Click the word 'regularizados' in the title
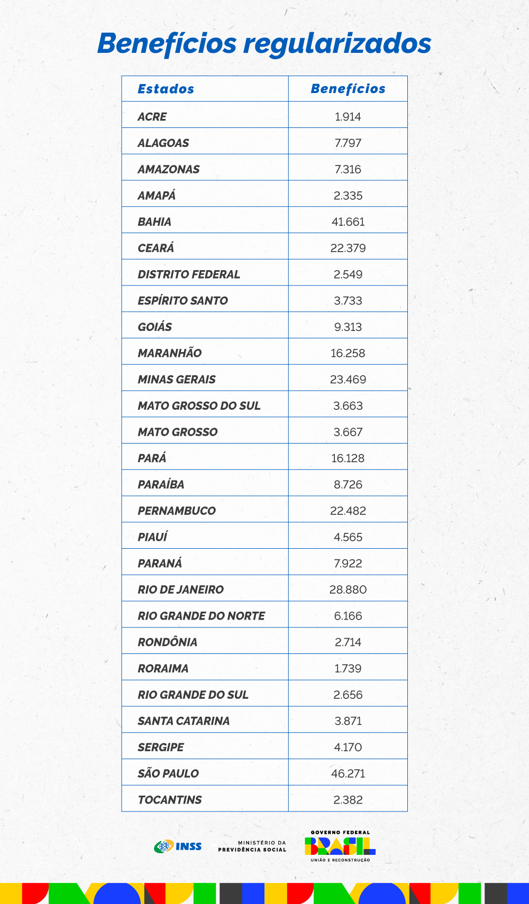pyautogui.click(x=337, y=44)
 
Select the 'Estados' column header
pyautogui.click(x=166, y=89)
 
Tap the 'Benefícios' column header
pyautogui.click(x=348, y=89)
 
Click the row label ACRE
pyautogui.click(x=152, y=117)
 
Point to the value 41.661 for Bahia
pyautogui.click(x=348, y=222)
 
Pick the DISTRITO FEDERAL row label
pyautogui.click(x=188, y=274)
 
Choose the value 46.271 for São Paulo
pyautogui.click(x=348, y=774)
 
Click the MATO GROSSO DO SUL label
pyautogui.click(x=199, y=406)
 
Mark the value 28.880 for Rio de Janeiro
pyautogui.click(x=348, y=590)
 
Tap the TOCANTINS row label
pyautogui.click(x=169, y=800)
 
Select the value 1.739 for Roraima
pyautogui.click(x=348, y=669)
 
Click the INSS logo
pyautogui.click(x=178, y=846)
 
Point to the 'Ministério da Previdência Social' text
pyautogui.click(x=252, y=846)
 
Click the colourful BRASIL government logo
pyautogui.click(x=340, y=846)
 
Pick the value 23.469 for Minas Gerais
pyautogui.click(x=348, y=380)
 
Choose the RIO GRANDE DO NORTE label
pyautogui.click(x=201, y=616)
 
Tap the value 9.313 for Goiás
pyautogui.click(x=348, y=327)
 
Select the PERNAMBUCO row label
pyautogui.click(x=177, y=511)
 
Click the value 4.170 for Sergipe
pyautogui.click(x=348, y=748)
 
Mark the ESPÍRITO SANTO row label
pyautogui.click(x=183, y=301)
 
